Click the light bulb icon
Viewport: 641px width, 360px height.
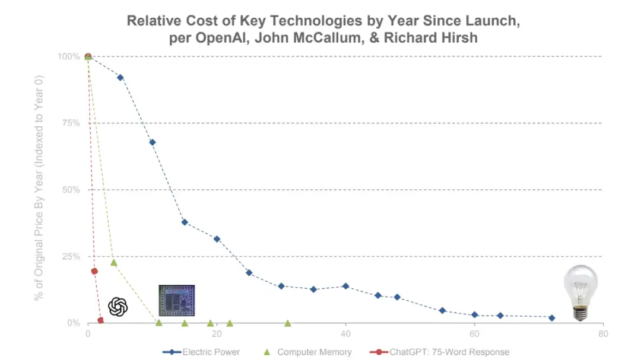[x=580, y=292]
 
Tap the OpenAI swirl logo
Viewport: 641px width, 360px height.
[x=118, y=307]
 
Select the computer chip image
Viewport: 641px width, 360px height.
[x=176, y=300]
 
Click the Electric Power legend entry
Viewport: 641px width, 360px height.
[x=202, y=352]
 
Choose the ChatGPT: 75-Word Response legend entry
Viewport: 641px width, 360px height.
[x=440, y=352]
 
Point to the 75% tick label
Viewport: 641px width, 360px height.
[x=68, y=123]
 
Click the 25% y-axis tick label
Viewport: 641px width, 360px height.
[x=68, y=257]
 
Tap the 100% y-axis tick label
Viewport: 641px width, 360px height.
[x=67, y=57]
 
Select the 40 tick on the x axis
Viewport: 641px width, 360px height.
[x=345, y=334]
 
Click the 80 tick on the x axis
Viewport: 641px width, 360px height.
[x=603, y=334]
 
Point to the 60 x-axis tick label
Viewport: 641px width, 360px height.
[x=474, y=334]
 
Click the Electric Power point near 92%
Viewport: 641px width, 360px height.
[x=120, y=78]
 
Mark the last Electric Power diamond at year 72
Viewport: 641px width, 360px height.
[x=552, y=318]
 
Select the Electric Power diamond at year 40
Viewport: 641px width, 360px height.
[x=345, y=286]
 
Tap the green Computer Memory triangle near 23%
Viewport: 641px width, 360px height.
[x=114, y=262]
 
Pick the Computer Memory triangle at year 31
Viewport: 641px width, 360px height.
[x=288, y=323]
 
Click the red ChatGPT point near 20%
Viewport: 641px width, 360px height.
[x=94, y=271]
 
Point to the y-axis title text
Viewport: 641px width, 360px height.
[x=39, y=189]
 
